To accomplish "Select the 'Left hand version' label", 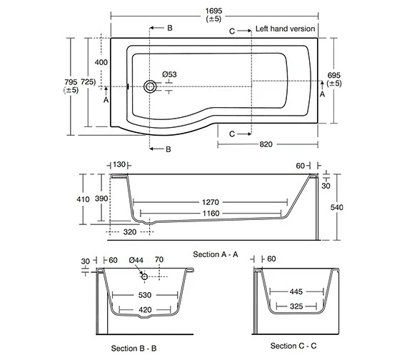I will [285, 29].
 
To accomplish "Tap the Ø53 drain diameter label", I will [169, 74].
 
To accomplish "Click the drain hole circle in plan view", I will [150, 86].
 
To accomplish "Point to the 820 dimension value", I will [266, 144].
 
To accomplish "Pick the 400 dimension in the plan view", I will [101, 63].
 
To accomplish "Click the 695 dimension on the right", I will [333, 75].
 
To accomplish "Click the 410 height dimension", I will [84, 199].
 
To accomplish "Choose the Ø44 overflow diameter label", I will [138, 261].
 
